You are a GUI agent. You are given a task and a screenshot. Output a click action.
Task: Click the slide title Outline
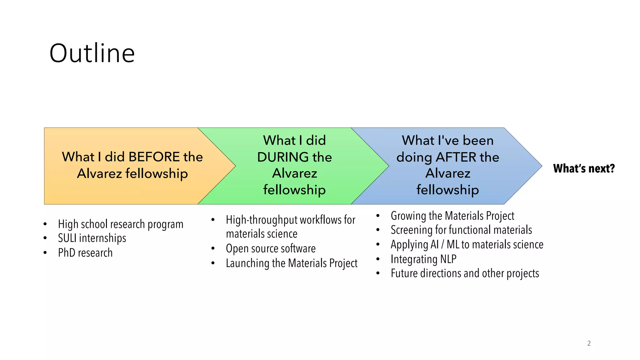(x=92, y=53)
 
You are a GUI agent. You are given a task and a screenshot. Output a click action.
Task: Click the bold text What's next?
(x=584, y=168)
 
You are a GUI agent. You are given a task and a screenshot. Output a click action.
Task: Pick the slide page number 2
(x=589, y=343)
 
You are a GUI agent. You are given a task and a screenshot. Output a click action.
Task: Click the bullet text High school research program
(x=121, y=224)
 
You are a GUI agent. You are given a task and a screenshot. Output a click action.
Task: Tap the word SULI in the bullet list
(x=67, y=238)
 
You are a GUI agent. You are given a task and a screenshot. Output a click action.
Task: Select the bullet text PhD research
(x=85, y=252)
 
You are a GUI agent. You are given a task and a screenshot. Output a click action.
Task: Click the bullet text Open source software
(x=271, y=248)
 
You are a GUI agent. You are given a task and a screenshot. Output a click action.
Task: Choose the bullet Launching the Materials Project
(x=292, y=263)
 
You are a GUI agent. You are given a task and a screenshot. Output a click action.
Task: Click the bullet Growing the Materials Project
(x=452, y=216)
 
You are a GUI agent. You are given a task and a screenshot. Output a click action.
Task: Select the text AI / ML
(x=441, y=244)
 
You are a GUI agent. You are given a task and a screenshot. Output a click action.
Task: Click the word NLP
(x=448, y=259)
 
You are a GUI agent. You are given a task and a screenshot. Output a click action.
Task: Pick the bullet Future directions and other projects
(x=465, y=273)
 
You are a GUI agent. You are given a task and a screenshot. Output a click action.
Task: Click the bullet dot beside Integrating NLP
(x=378, y=259)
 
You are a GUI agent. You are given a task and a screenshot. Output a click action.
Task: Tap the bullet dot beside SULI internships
(x=45, y=238)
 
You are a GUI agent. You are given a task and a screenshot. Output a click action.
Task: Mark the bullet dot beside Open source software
(x=213, y=249)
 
